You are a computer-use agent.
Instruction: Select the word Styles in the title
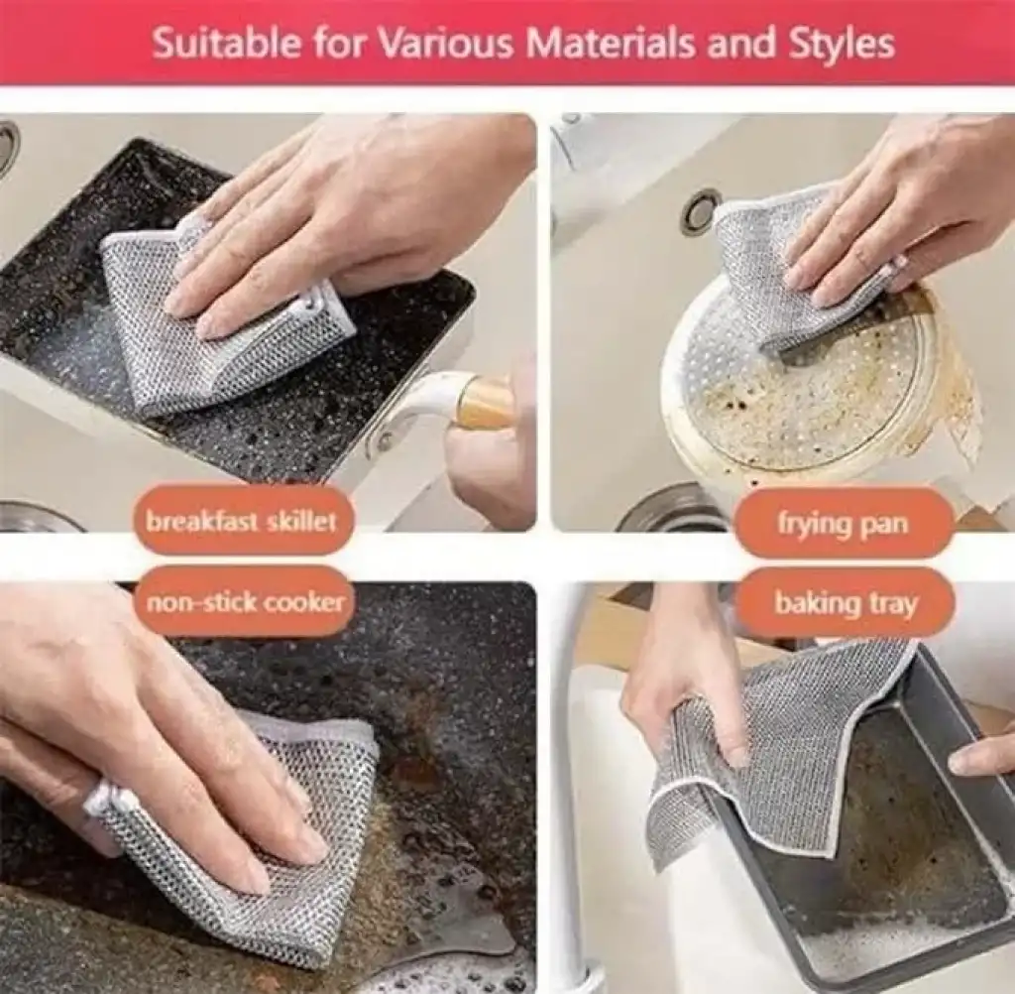point(841,44)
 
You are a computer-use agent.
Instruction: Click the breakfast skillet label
point(241,521)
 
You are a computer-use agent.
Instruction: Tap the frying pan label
point(843,523)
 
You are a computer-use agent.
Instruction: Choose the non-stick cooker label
point(245,603)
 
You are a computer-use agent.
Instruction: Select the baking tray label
point(846,603)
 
